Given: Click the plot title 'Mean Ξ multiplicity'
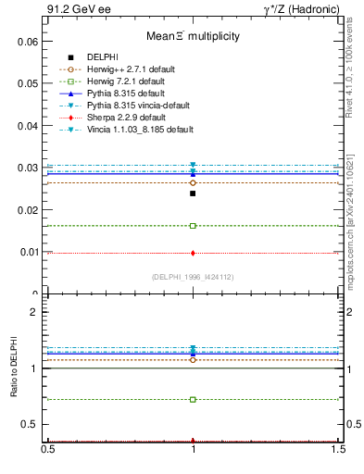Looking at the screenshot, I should coord(193,37).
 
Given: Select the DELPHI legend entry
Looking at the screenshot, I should coord(102,57).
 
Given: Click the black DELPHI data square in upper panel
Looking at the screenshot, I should coord(193,193).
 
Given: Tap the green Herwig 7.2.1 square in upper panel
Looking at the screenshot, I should coord(193,226).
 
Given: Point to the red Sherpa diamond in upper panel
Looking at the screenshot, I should coord(193,253).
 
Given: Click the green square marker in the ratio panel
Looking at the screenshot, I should coord(193,400).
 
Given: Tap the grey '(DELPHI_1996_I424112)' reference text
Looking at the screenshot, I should coord(193,277).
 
